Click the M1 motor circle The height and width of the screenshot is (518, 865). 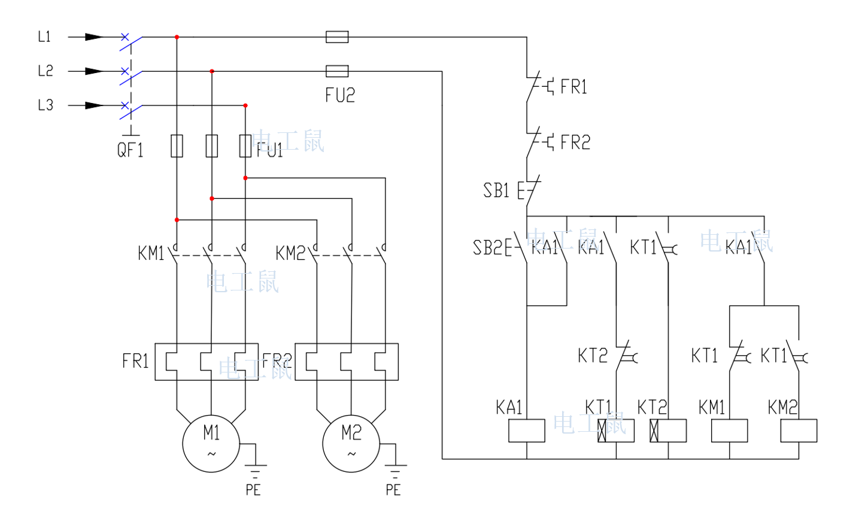[x=211, y=444]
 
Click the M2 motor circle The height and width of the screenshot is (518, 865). [x=351, y=444]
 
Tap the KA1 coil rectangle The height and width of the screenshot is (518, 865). [x=526, y=431]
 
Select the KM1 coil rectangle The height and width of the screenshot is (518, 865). [x=729, y=431]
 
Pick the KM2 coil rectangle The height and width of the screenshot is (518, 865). [x=799, y=431]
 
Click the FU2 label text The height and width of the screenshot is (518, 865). [x=340, y=95]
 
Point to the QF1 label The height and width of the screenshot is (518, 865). [x=130, y=149]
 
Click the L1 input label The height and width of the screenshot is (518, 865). [x=44, y=37]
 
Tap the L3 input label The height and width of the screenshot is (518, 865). [x=45, y=105]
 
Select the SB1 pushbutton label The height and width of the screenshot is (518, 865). [x=496, y=190]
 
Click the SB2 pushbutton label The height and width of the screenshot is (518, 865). [x=487, y=247]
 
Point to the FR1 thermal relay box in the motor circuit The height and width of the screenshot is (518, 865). [x=207, y=362]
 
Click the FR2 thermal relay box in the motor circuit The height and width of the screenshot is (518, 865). [x=347, y=362]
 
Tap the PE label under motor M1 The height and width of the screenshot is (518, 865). [x=253, y=490]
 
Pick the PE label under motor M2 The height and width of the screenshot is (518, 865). [x=393, y=490]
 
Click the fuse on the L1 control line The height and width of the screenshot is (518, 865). [x=337, y=37]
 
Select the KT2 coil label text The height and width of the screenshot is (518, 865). [x=652, y=408]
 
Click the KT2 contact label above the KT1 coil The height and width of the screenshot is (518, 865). [x=592, y=356]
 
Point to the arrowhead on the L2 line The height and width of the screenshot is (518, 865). [x=94, y=71]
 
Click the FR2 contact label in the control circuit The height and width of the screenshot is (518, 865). [x=575, y=143]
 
